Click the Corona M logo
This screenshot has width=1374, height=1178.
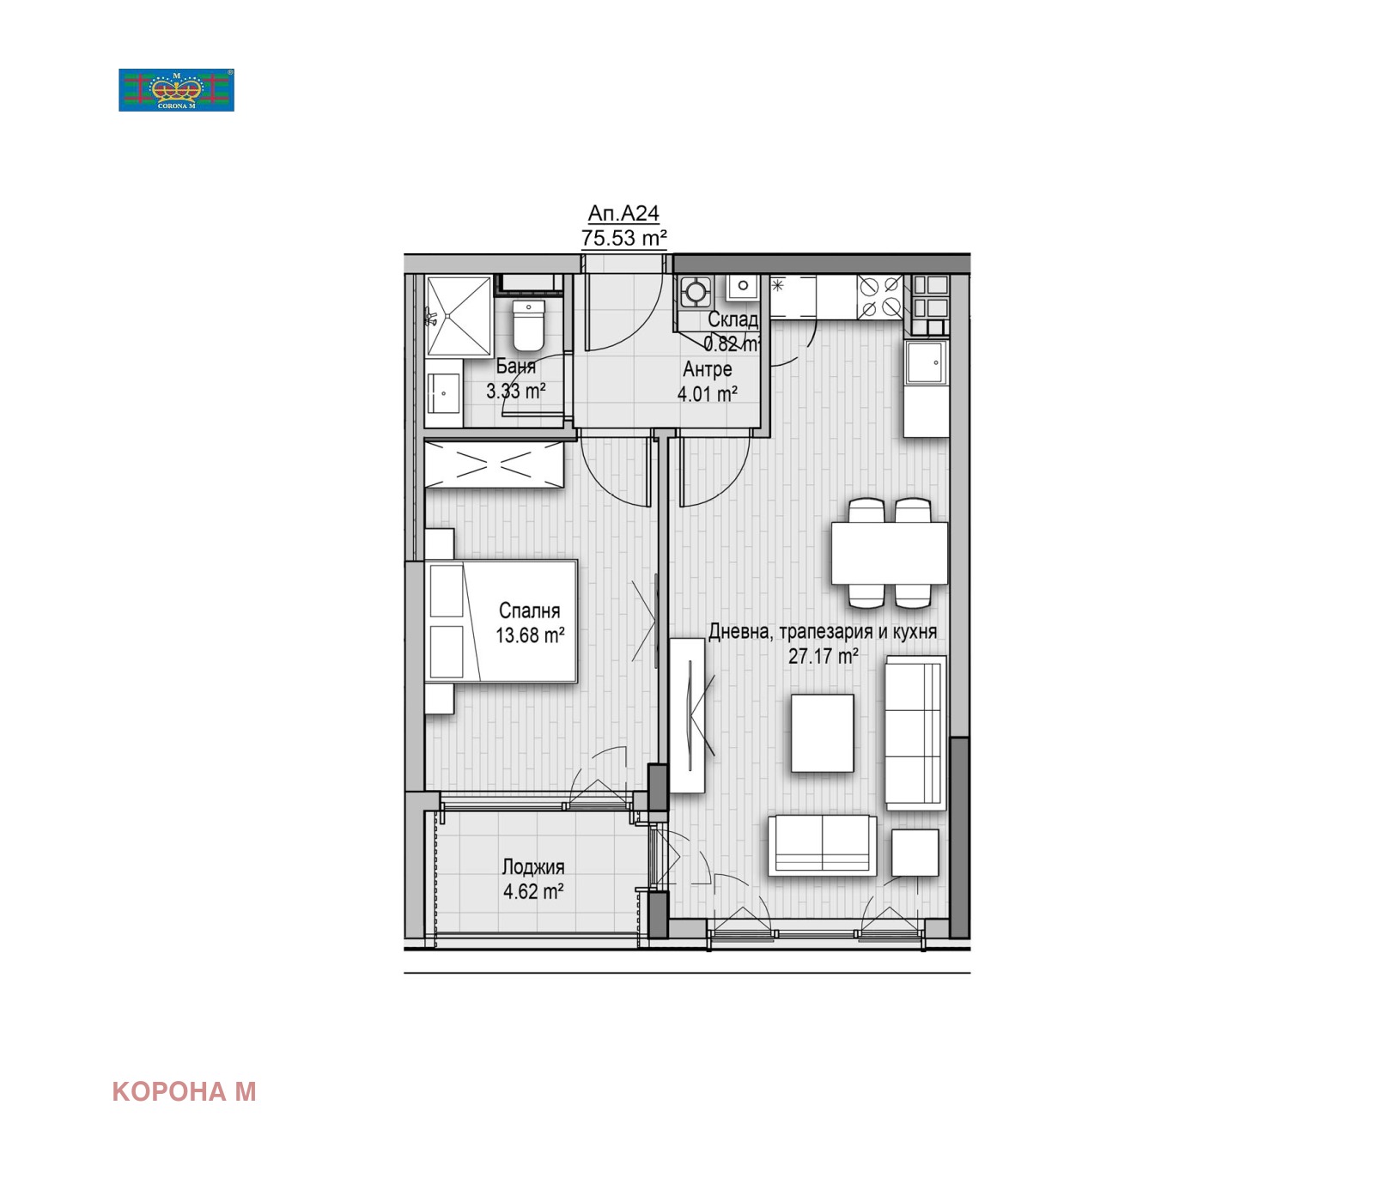point(176,90)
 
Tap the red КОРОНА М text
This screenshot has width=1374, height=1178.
point(184,1091)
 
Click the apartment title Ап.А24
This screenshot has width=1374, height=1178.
point(623,213)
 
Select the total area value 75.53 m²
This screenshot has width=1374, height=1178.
point(624,238)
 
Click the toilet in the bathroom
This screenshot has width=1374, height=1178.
point(528,325)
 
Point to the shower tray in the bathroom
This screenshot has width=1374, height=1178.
point(459,315)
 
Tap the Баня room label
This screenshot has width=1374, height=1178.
point(515,367)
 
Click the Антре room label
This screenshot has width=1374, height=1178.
point(708,369)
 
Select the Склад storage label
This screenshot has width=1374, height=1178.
point(733,319)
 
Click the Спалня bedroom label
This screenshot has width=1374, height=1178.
point(529,610)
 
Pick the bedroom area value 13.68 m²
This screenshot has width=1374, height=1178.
point(530,635)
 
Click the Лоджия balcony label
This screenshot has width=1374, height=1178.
point(533,867)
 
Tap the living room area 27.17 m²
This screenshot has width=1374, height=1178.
point(823,656)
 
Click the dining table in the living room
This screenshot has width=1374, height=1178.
point(889,554)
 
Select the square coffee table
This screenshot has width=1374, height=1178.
point(822,733)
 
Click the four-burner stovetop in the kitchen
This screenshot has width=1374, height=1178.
point(880,296)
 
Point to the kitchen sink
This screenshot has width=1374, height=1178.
point(926,362)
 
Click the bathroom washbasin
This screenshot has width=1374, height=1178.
point(444,393)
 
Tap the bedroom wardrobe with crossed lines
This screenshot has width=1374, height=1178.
point(494,465)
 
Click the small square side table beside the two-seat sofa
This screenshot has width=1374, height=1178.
point(915,853)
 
